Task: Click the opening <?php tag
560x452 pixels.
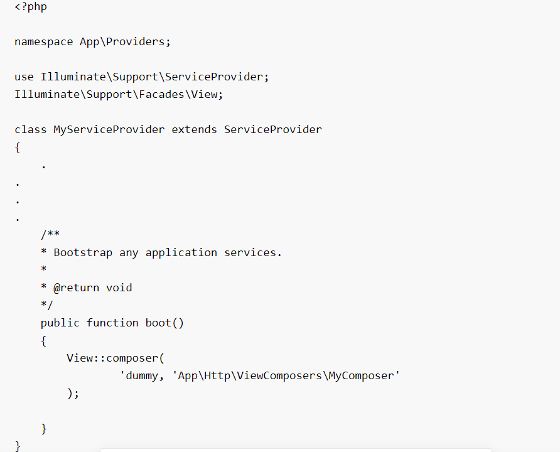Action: [x=31, y=7]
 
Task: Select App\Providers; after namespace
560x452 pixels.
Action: [x=125, y=42]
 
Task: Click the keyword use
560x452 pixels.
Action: [x=24, y=77]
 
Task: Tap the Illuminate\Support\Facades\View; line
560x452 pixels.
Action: [x=119, y=94]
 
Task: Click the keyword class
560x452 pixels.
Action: [x=31, y=129]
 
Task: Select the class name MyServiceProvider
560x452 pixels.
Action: [x=109, y=129]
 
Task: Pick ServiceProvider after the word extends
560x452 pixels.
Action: [x=273, y=129]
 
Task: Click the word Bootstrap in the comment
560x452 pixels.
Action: [x=83, y=252]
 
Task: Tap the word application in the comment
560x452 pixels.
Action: [x=181, y=252]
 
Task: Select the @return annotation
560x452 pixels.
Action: [x=77, y=288]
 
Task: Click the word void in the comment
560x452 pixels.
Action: [x=119, y=288]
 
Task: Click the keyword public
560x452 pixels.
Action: [x=60, y=323]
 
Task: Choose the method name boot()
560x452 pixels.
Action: [x=165, y=323]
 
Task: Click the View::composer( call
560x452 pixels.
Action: [x=116, y=358]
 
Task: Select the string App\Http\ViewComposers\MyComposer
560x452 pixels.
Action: [x=286, y=375]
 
